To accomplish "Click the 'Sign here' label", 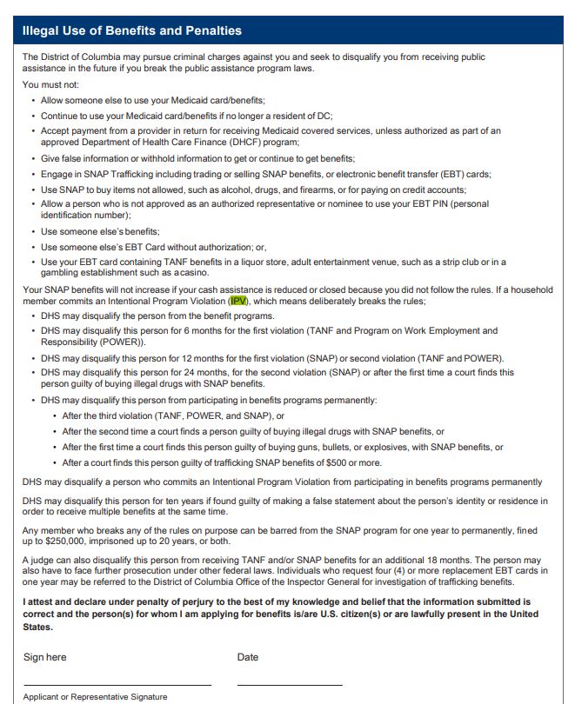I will point(44,657).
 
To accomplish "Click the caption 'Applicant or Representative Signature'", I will point(96,697).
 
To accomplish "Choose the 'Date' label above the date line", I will point(248,657).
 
